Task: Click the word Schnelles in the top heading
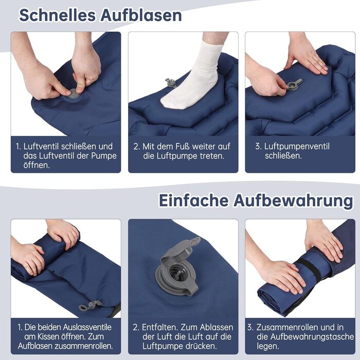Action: (x=58, y=15)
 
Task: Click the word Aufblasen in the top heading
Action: (x=141, y=15)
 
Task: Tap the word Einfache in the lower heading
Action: (x=194, y=201)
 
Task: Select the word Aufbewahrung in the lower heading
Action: (x=293, y=201)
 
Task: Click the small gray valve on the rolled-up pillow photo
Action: (x=89, y=305)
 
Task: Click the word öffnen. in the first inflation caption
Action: (x=37, y=165)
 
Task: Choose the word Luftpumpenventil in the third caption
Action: (x=297, y=146)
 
